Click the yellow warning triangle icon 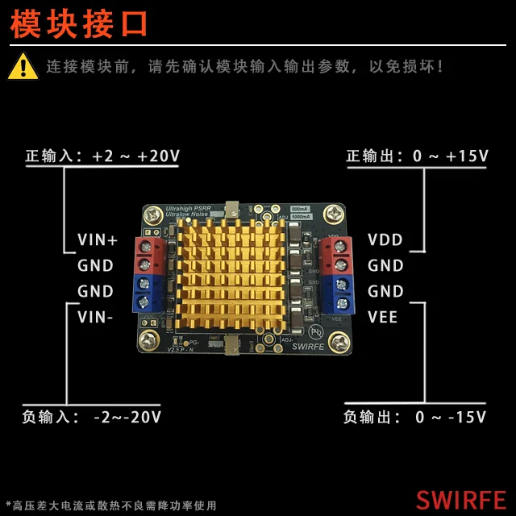[23, 66]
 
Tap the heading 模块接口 [80, 23]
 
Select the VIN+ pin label [98, 239]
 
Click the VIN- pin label [96, 317]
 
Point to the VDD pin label [385, 239]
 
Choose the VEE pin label [383, 317]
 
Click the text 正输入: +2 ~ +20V [102, 156]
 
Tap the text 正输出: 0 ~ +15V [417, 156]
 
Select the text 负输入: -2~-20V [92, 417]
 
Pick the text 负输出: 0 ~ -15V [414, 417]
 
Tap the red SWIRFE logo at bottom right [460, 500]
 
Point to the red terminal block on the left [149, 255]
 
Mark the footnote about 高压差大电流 [111, 506]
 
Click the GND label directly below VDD [385, 265]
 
